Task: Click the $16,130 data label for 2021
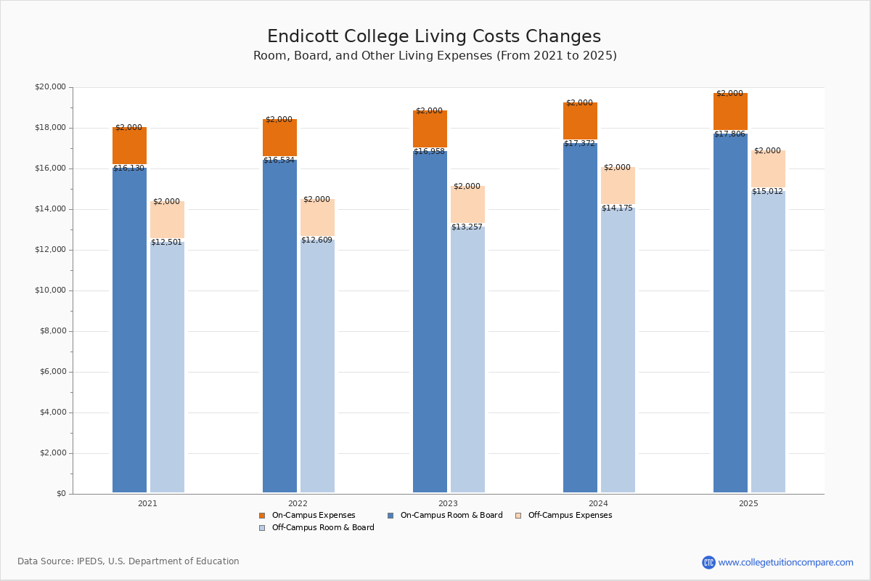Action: tap(128, 168)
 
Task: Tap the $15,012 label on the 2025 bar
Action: tap(767, 192)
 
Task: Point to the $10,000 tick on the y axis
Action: tap(50, 290)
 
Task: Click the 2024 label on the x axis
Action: tap(598, 503)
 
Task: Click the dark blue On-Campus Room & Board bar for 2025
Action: tap(730, 312)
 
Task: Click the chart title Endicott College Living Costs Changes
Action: tap(434, 37)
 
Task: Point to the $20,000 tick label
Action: tap(50, 87)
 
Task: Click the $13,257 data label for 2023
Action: tap(467, 227)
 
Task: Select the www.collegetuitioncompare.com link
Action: tap(785, 562)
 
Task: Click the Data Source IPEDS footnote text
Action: tap(128, 561)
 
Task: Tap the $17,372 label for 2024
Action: tap(579, 144)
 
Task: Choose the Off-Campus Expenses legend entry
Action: tap(569, 516)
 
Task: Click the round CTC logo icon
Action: tap(708, 562)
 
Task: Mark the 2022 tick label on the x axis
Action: tap(298, 503)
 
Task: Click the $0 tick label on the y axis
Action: tap(60, 494)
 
